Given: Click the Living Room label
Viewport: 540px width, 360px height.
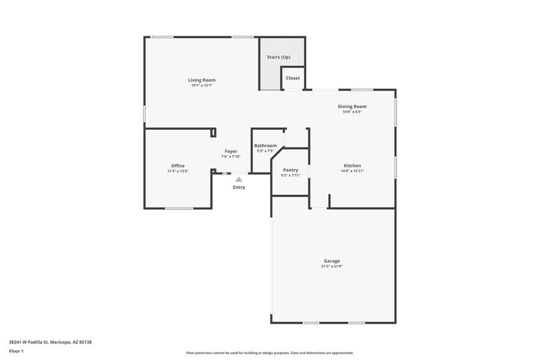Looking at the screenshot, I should pyautogui.click(x=201, y=80).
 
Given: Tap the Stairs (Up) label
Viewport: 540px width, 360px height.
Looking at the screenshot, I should pyautogui.click(x=278, y=57).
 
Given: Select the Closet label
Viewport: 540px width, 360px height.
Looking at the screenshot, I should pyautogui.click(x=293, y=78).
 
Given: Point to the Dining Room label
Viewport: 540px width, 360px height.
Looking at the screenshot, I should pyautogui.click(x=352, y=107).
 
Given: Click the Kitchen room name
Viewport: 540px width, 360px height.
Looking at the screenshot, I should pyautogui.click(x=352, y=165).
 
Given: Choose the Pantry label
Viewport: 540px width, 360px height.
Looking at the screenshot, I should pyautogui.click(x=291, y=170).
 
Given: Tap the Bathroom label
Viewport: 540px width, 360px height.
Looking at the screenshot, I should pyautogui.click(x=265, y=146).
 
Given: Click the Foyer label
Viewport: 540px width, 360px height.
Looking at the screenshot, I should pyautogui.click(x=231, y=151).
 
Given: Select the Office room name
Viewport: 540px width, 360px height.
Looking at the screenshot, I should pyautogui.click(x=178, y=166).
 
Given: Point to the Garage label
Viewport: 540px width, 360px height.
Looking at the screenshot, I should pyautogui.click(x=332, y=261).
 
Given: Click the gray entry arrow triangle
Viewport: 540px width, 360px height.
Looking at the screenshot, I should pyautogui.click(x=238, y=179).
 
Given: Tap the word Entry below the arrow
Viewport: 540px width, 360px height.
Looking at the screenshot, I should pyautogui.click(x=239, y=187).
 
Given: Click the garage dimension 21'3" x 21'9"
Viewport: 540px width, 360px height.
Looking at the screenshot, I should pyautogui.click(x=332, y=266).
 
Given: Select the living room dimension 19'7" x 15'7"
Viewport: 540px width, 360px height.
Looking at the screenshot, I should pyautogui.click(x=201, y=86).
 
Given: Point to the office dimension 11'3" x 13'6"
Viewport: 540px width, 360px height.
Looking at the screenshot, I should pyautogui.click(x=178, y=171).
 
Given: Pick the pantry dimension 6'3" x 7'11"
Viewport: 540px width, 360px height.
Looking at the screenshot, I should pyautogui.click(x=291, y=176).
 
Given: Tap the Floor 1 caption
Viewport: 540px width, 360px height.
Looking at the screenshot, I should pyautogui.click(x=16, y=351).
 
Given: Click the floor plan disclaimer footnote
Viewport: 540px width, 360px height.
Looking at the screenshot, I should pyautogui.click(x=269, y=353).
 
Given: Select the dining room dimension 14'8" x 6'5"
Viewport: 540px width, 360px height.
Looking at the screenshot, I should pyautogui.click(x=352, y=112).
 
